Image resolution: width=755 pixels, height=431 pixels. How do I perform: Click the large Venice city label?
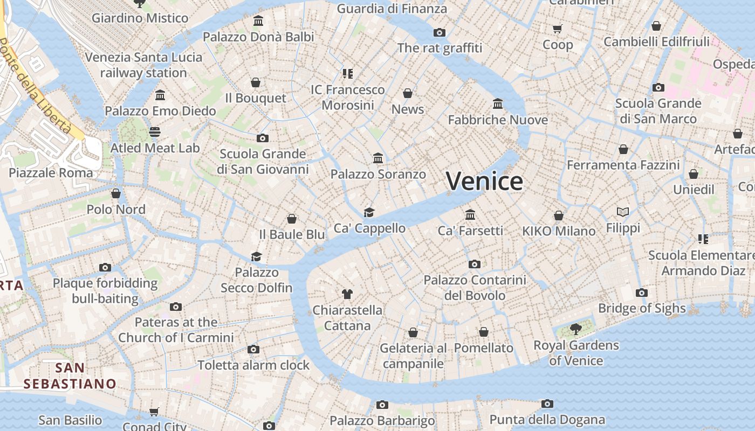click(x=484, y=181)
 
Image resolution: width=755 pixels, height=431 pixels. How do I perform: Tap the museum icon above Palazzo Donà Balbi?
click(x=258, y=21)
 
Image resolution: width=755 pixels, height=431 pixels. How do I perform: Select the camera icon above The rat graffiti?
click(x=440, y=32)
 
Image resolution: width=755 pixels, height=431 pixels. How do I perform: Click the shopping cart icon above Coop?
click(x=558, y=29)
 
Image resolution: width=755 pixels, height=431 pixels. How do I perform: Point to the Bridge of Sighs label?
click(x=642, y=308)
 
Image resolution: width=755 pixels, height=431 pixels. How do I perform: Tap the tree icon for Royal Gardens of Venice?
click(x=576, y=329)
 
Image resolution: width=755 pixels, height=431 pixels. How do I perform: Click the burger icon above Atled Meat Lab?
click(x=155, y=132)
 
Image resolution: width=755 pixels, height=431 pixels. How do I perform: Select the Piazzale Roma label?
click(x=51, y=173)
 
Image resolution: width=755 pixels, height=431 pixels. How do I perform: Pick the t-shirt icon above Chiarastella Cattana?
click(x=347, y=294)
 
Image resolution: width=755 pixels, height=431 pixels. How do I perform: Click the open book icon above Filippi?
click(x=623, y=212)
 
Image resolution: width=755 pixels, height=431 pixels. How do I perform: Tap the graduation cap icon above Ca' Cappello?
click(x=369, y=212)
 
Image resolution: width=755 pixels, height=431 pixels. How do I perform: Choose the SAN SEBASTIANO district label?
click(x=70, y=376)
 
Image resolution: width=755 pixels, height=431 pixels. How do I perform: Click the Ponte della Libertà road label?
click(x=36, y=86)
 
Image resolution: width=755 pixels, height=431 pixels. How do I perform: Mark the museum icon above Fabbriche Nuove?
click(x=498, y=103)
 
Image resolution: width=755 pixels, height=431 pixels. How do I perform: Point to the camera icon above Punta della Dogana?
click(x=547, y=404)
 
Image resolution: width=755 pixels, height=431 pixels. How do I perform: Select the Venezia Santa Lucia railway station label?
click(x=143, y=65)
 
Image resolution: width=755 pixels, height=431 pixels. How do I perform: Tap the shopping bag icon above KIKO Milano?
click(x=559, y=215)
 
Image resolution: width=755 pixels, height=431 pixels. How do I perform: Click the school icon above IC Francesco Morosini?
click(x=347, y=73)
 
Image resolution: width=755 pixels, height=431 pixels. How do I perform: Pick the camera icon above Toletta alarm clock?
click(x=253, y=349)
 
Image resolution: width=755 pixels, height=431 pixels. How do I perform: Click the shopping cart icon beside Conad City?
click(x=154, y=412)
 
